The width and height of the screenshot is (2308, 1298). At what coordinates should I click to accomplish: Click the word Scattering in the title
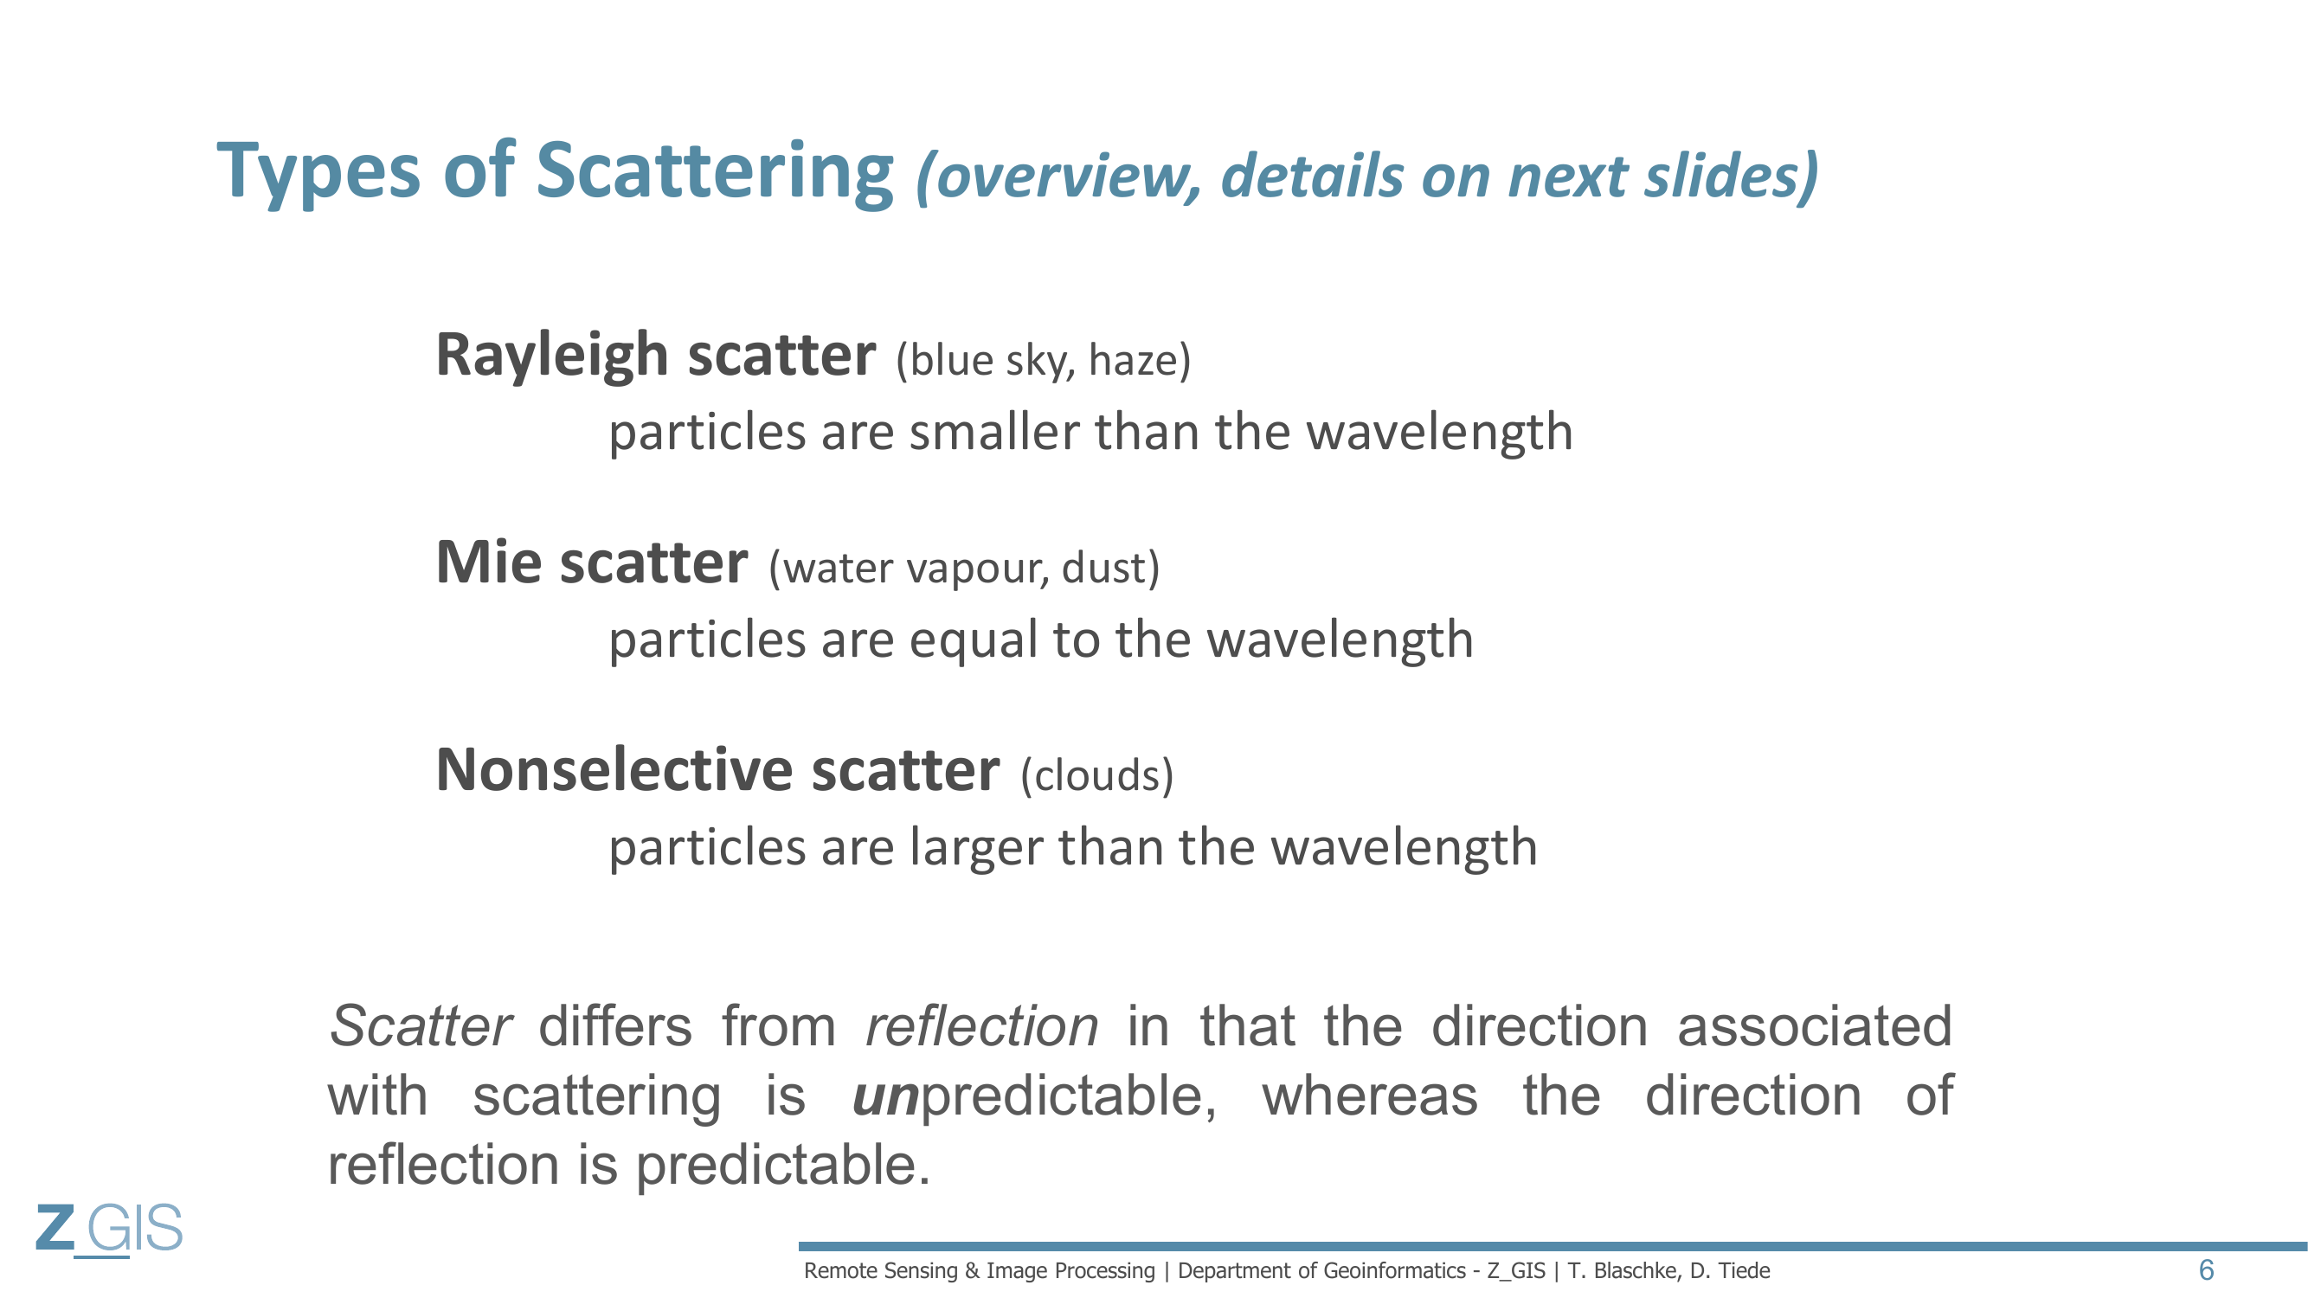[714, 173]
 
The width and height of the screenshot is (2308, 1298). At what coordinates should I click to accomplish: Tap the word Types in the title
[318, 173]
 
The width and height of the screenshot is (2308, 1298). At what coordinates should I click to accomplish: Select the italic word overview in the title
[1058, 176]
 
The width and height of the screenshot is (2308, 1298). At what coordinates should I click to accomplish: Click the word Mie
[488, 562]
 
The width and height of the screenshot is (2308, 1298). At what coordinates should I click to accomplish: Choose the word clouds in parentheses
[1096, 775]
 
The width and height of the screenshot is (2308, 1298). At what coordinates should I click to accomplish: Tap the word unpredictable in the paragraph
[1034, 1097]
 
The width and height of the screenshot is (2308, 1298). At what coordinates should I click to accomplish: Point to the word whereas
[1369, 1096]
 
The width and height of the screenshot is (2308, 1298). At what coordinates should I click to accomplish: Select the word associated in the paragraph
[1815, 1026]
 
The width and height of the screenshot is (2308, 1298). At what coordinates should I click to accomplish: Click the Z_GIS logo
[109, 1230]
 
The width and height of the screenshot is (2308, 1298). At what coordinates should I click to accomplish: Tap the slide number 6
[2206, 1270]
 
